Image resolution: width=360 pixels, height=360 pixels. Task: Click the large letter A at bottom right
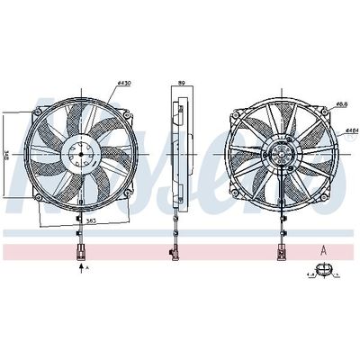click(322, 248)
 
